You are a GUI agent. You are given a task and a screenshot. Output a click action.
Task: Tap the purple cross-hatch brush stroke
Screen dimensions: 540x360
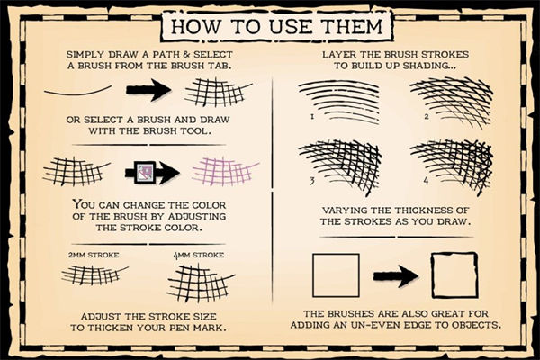click(226, 172)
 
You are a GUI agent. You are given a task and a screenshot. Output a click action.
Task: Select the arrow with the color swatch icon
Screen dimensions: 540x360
click(152, 171)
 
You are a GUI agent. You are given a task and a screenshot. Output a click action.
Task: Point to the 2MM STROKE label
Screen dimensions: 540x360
click(94, 255)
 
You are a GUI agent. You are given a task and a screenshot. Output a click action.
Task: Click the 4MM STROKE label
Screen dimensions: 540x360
click(198, 256)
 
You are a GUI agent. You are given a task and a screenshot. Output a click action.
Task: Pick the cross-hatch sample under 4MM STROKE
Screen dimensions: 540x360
click(201, 283)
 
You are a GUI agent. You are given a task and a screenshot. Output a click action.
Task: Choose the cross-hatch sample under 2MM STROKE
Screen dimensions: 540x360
click(94, 274)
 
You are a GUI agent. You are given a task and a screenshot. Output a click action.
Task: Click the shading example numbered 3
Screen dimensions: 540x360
click(340, 166)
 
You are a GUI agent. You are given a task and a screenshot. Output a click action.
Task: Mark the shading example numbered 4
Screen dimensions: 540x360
click(452, 167)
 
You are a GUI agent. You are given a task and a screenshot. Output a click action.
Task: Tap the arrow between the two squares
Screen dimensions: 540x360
click(396, 275)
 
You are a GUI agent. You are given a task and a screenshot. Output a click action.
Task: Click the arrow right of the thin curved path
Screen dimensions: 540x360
click(148, 90)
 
